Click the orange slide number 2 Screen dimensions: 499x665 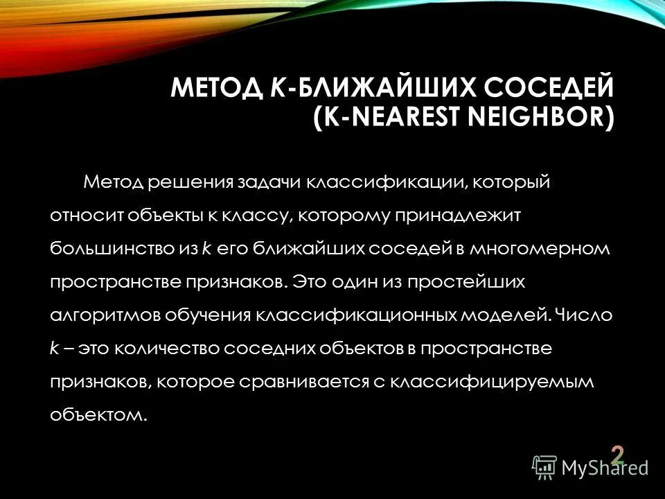click(x=617, y=455)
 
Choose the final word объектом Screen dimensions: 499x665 click(x=98, y=414)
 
